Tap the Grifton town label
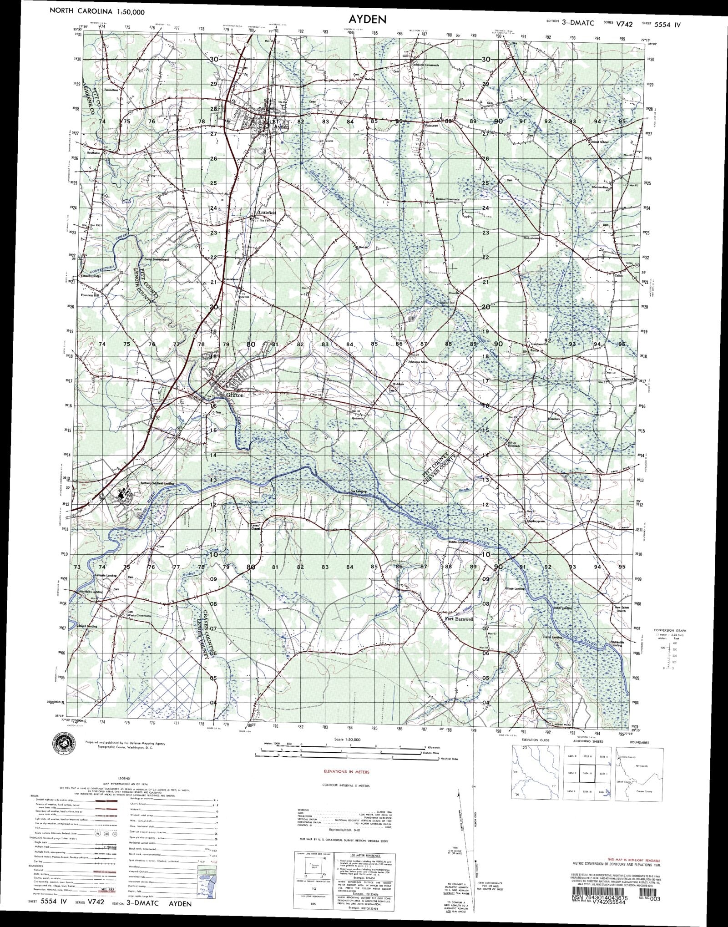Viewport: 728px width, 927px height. coord(237,395)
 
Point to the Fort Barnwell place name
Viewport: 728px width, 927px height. coord(457,619)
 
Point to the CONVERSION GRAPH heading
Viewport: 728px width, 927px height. coord(670,630)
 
